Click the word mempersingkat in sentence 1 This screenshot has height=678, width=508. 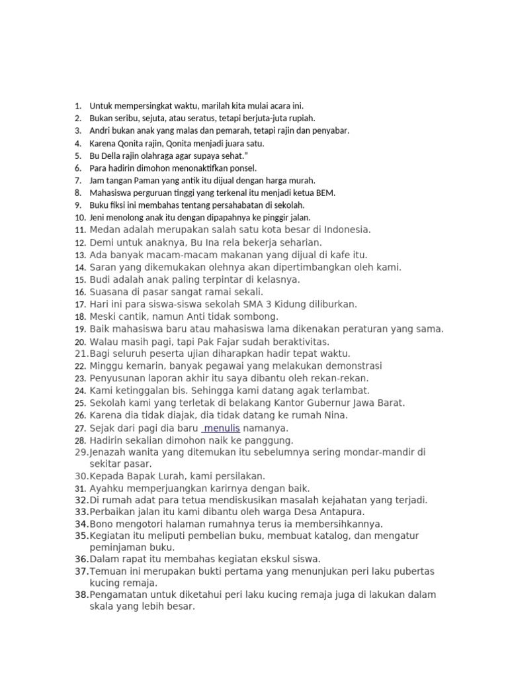click(x=137, y=105)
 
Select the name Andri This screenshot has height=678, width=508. click(x=100, y=130)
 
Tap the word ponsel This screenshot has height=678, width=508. click(x=241, y=168)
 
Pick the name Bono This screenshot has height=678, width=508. click(x=102, y=524)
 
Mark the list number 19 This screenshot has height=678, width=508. click(x=80, y=329)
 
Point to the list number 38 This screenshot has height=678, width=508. click(x=81, y=595)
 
